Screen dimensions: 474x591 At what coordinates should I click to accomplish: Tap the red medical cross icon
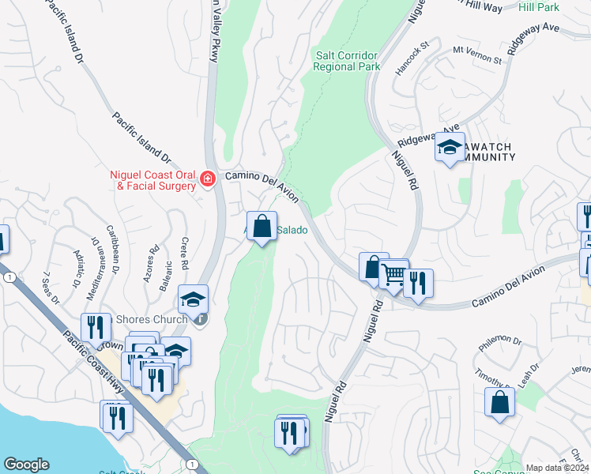[207, 179]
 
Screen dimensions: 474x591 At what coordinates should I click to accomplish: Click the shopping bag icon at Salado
[262, 225]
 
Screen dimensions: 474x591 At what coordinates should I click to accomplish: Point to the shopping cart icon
[393, 274]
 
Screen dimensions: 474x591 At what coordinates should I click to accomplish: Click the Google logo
[26, 465]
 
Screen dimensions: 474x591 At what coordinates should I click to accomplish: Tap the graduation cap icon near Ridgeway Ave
[450, 148]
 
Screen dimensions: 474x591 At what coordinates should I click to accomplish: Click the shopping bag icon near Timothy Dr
[500, 401]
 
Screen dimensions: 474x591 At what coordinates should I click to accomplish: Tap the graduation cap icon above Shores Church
[192, 299]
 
